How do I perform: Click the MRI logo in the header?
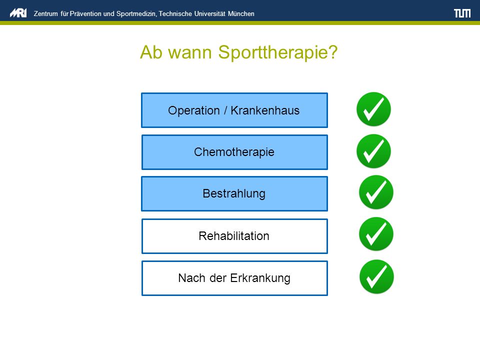[18, 13]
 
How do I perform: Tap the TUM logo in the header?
[462, 13]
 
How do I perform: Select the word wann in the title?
[190, 52]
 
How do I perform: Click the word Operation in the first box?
[194, 110]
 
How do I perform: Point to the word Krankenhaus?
[265, 110]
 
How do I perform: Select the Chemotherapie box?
[234, 152]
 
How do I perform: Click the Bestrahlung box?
[234, 194]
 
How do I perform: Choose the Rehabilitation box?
[234, 236]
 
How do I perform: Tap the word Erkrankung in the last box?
[260, 278]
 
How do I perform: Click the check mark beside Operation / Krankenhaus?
[373, 109]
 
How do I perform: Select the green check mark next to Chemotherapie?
[373, 151]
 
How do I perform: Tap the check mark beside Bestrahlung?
[376, 192]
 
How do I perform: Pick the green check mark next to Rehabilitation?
[376, 234]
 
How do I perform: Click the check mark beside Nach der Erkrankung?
[376, 276]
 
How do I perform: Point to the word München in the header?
[241, 14]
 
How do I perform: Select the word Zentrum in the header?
[45, 14]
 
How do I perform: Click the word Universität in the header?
[209, 14]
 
